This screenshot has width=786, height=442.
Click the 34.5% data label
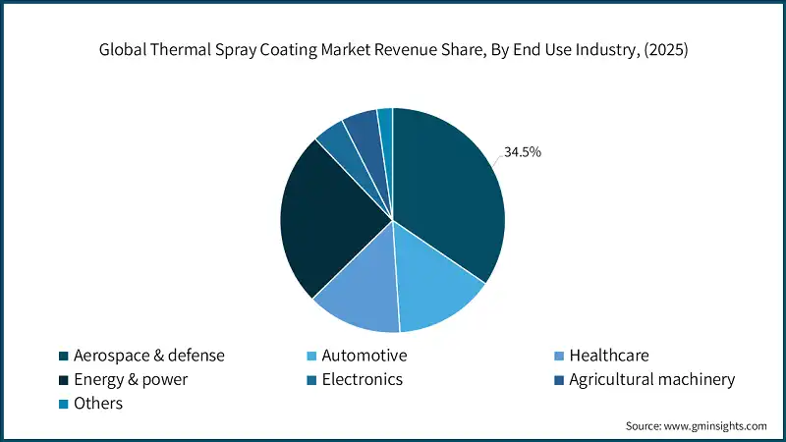coord(523,152)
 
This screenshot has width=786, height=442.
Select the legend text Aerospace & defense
coord(149,356)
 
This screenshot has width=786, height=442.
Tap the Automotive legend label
coord(365,356)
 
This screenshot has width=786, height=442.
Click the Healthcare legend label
coord(609,356)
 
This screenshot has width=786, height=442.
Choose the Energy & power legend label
coord(131,379)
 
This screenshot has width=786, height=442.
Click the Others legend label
coord(98,403)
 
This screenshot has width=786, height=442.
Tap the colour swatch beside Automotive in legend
coord(312,356)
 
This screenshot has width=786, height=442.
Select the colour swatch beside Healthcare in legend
coord(558,356)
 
